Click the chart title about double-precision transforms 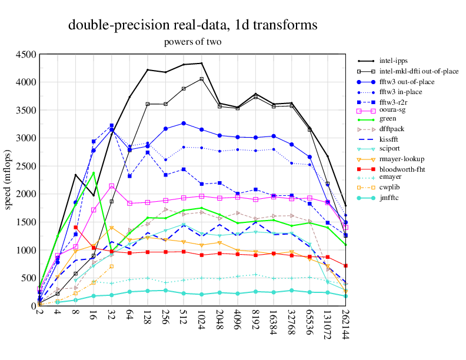click(193, 25)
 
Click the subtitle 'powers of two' click(193, 42)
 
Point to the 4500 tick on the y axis click(27, 55)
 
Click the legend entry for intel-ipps click(393, 61)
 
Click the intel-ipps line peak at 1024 click(202, 63)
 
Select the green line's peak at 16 click(94, 172)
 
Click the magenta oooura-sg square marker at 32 click(112, 186)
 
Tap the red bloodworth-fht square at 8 click(76, 227)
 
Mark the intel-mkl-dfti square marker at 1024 click(202, 79)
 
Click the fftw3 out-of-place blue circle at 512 click(184, 124)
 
